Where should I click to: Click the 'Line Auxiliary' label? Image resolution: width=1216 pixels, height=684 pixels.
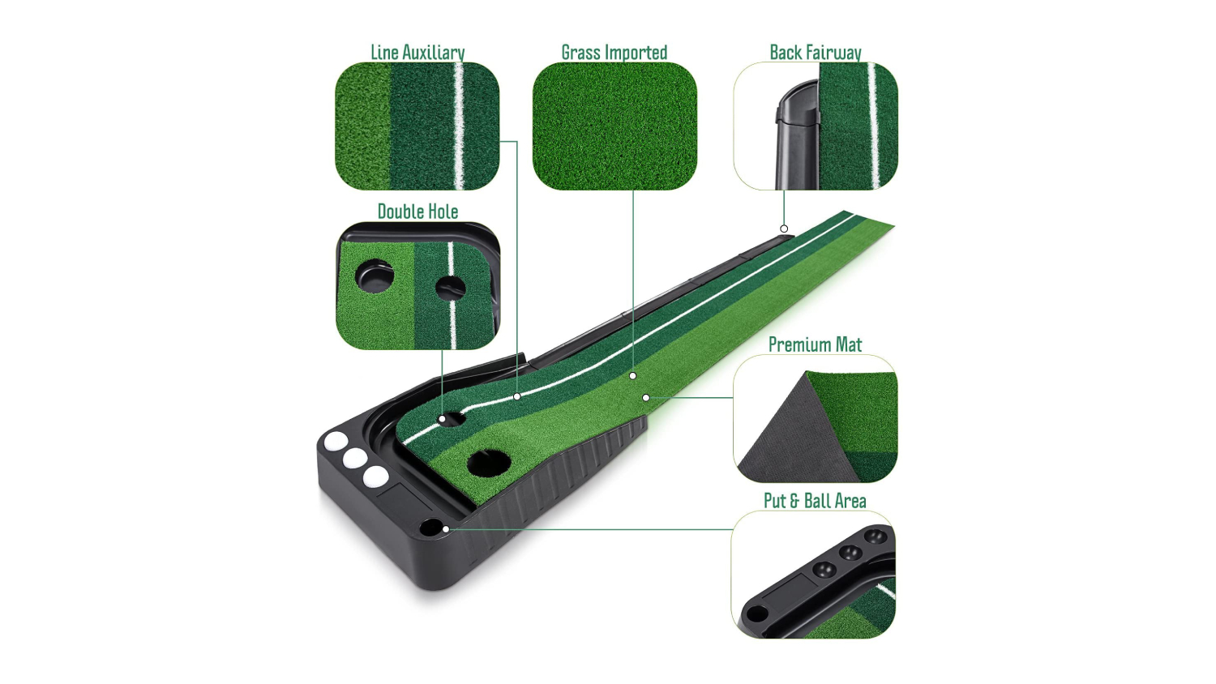pos(417,53)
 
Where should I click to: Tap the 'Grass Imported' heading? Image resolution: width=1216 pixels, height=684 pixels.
pos(614,53)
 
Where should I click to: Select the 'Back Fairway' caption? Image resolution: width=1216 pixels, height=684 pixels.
pos(816,53)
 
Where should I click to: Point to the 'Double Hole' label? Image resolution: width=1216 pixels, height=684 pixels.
pos(417,212)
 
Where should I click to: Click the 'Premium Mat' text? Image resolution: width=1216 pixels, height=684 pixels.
pos(815,344)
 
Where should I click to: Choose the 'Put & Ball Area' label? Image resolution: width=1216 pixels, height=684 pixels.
pos(815,501)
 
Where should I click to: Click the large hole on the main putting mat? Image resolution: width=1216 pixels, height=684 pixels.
pos(489,463)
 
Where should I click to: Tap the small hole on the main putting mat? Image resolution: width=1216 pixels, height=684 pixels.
pos(452,419)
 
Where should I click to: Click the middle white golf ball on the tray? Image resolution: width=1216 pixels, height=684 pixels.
pos(354,459)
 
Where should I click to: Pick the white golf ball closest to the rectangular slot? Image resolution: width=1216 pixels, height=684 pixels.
pos(375,476)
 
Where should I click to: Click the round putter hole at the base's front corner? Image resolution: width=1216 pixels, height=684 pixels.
pos(431,527)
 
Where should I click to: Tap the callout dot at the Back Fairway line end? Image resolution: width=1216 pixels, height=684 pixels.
pos(784,229)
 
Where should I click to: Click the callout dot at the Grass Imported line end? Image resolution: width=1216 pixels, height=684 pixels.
pos(633,376)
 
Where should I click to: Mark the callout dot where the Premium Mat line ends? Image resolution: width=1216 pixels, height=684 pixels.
pos(646,398)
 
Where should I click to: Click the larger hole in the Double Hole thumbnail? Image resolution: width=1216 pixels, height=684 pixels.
pos(375,276)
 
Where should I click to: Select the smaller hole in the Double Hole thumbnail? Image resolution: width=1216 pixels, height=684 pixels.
pos(450,289)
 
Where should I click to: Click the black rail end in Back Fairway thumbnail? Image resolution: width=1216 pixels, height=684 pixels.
pos(797,135)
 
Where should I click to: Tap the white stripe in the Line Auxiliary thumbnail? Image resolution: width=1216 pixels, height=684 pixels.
pos(459,126)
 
